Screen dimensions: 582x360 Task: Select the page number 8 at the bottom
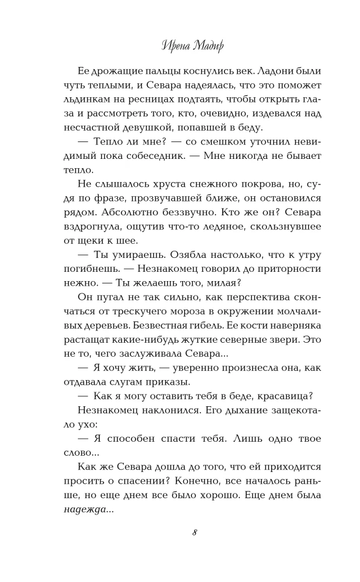tap(194, 533)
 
